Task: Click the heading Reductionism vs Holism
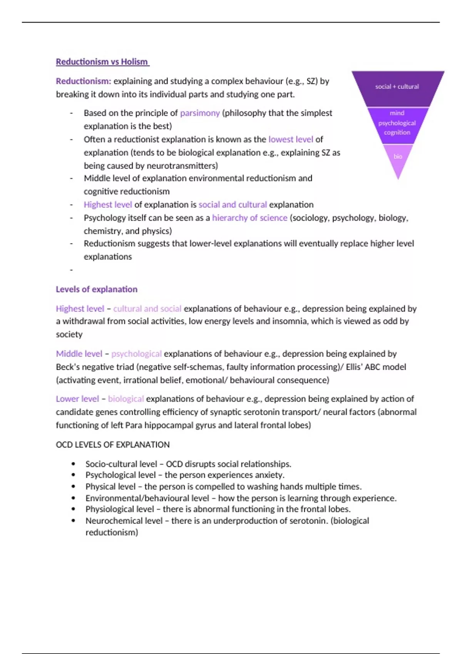tap(102, 62)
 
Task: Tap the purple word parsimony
tap(200, 113)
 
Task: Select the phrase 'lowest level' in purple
tap(291, 139)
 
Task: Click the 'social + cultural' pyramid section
tap(397, 87)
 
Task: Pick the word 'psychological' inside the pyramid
tap(397, 123)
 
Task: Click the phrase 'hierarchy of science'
tap(249, 218)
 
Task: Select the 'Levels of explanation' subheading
tap(97, 289)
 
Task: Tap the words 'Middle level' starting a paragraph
tap(79, 354)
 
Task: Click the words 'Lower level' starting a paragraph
tap(77, 399)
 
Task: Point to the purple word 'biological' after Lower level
tap(126, 399)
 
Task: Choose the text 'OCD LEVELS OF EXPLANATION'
tap(112, 445)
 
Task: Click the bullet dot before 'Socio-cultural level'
tap(74, 464)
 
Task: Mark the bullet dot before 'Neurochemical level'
tap(74, 521)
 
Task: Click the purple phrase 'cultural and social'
tap(147, 309)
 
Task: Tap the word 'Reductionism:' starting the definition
tap(84, 81)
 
